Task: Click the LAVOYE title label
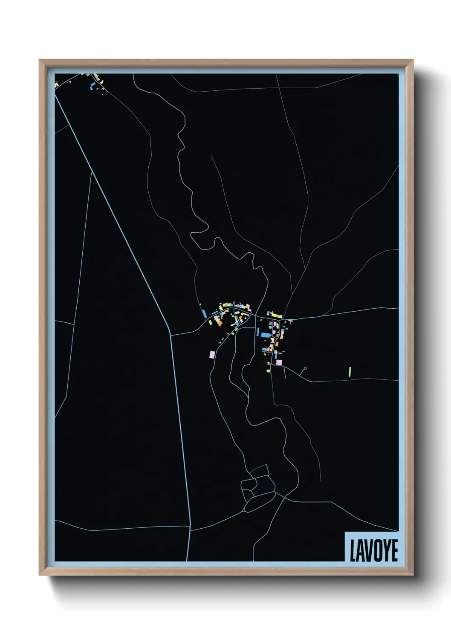tap(373, 550)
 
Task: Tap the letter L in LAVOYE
tap(353, 551)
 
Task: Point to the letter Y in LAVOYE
tap(385, 551)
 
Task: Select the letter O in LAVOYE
tap(376, 551)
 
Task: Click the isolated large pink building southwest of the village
tap(212, 354)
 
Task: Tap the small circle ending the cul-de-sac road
tap(305, 368)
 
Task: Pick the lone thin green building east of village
tap(350, 372)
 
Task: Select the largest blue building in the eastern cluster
tap(266, 335)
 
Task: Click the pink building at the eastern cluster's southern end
tap(279, 362)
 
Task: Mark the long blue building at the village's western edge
tap(204, 313)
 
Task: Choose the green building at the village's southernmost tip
tap(269, 371)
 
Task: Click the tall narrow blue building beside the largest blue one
tap(258, 332)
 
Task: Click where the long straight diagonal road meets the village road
tap(171, 335)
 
